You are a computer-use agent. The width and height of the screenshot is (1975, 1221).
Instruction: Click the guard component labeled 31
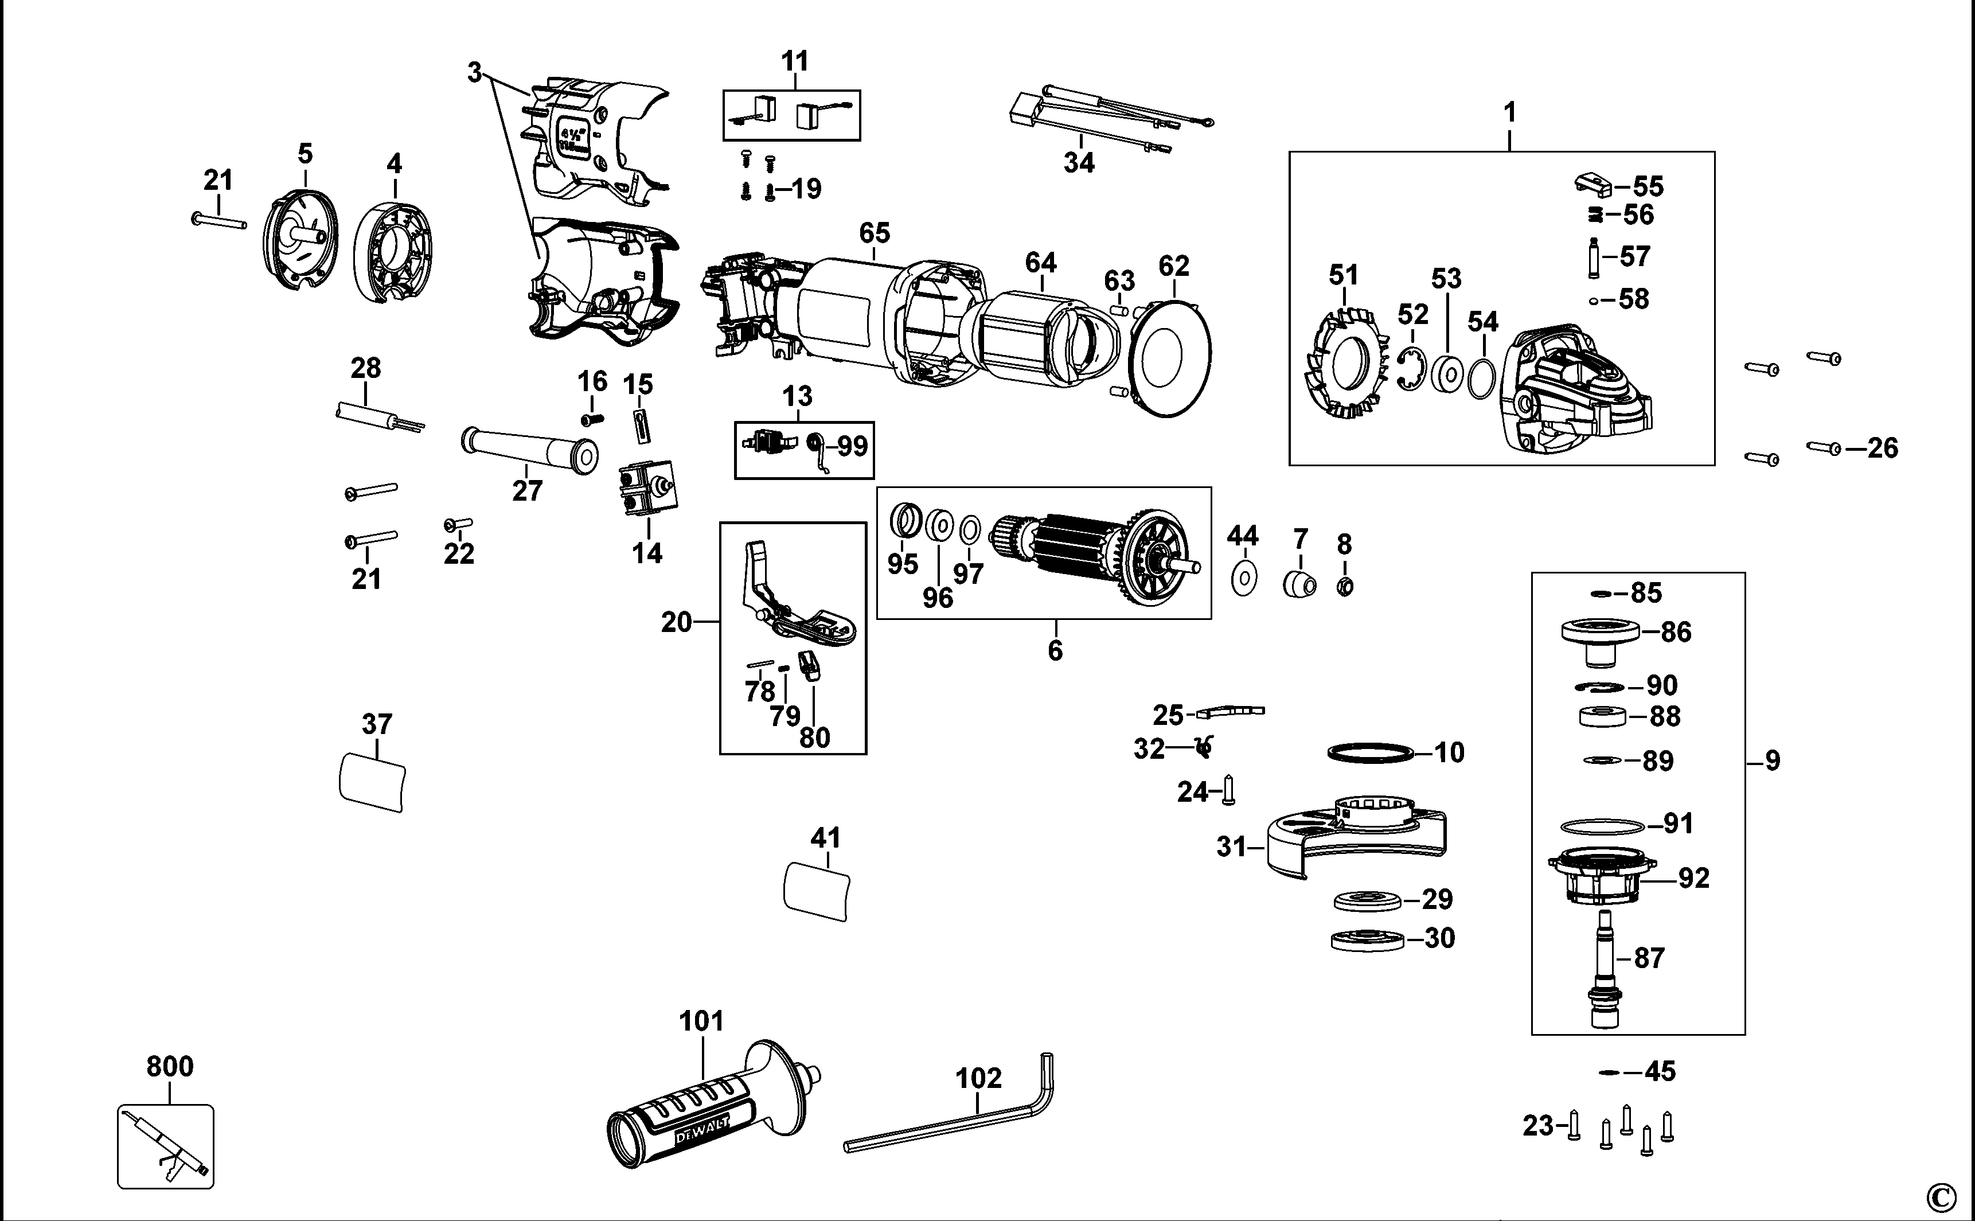coord(1356,840)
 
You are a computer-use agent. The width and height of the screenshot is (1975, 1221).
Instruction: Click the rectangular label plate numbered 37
coord(372,782)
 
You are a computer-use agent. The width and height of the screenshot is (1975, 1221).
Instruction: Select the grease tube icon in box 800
coord(166,1146)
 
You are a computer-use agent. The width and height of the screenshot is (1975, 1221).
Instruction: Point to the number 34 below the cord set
coord(1078,163)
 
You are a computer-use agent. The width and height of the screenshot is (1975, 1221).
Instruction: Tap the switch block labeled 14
coord(647,489)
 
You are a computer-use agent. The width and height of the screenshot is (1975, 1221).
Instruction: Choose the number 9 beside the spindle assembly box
coord(1773,760)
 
